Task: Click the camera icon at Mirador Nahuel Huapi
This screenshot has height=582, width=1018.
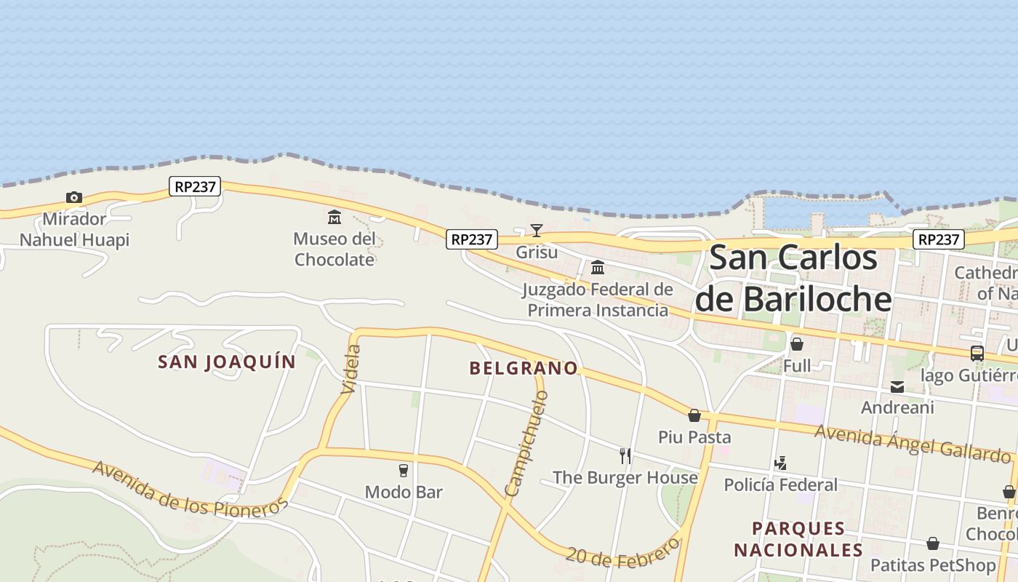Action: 73,197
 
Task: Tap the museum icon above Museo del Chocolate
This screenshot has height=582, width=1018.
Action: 334,217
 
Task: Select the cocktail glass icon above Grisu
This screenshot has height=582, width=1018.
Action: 537,231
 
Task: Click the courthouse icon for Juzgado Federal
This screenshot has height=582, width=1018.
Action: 598,268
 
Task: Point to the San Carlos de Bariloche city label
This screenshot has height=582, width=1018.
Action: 793,278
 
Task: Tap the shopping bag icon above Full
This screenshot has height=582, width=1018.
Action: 797,344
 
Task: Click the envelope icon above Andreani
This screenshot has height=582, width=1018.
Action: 897,387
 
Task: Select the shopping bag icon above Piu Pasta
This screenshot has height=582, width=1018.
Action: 694,415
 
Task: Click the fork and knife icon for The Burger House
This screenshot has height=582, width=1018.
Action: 625,456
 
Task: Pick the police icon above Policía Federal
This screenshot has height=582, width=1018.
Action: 780,463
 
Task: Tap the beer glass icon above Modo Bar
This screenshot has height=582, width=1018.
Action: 404,470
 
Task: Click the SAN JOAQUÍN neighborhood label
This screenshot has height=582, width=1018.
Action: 227,362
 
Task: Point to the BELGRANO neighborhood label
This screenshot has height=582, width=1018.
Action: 524,368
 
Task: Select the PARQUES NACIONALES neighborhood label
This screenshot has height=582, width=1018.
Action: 798,539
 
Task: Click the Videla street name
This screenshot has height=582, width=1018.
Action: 350,370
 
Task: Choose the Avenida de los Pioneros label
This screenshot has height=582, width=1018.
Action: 191,490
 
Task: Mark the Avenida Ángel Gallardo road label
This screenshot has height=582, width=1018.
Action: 913,442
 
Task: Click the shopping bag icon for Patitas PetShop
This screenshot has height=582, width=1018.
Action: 933,543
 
